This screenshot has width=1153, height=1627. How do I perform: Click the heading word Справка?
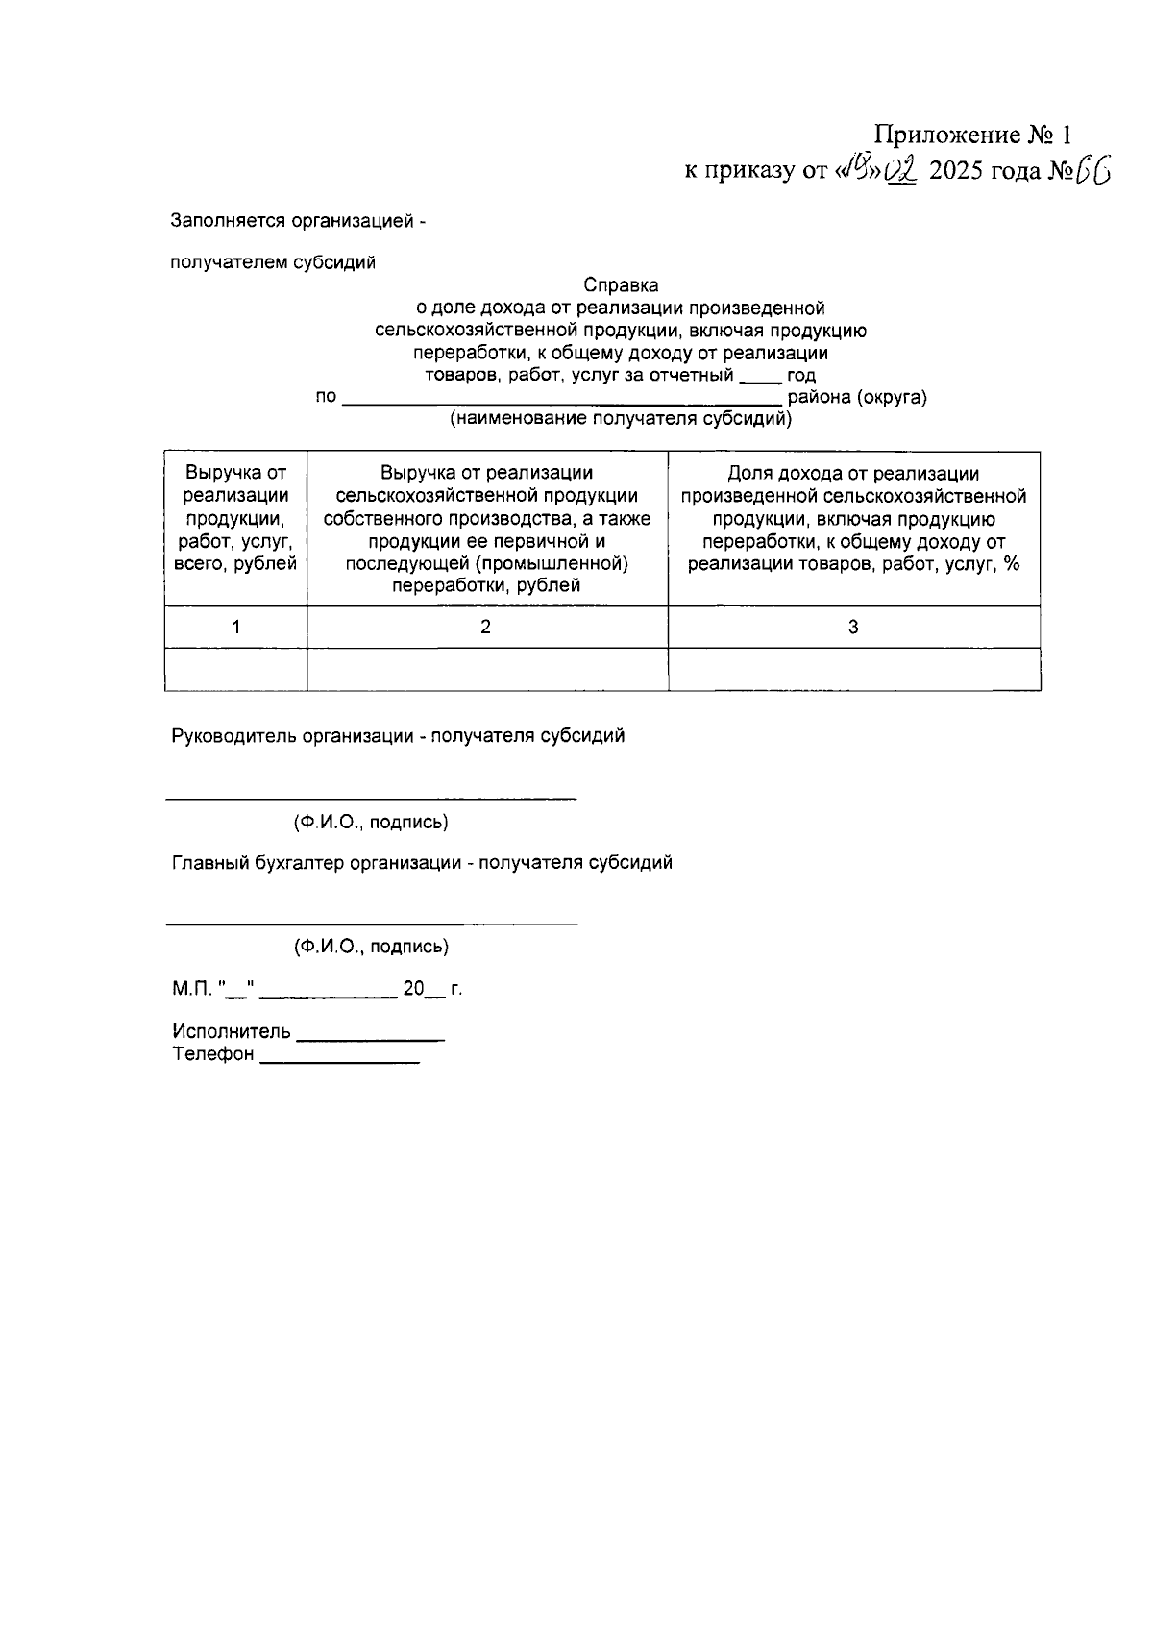pyautogui.click(x=621, y=285)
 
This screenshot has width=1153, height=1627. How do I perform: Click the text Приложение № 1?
pyautogui.click(x=971, y=134)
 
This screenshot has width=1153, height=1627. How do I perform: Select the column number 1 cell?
pyautogui.click(x=235, y=628)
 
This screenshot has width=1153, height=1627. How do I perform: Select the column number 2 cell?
pyautogui.click(x=486, y=628)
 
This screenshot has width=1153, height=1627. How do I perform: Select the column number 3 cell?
pyautogui.click(x=853, y=628)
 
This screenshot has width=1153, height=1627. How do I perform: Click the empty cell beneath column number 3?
pyautogui.click(x=853, y=670)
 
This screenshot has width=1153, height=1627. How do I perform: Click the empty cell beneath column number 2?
pyautogui.click(x=486, y=670)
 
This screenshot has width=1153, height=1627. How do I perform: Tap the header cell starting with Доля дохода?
pyautogui.click(x=853, y=519)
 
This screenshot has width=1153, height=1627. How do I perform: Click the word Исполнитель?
pyautogui.click(x=232, y=1032)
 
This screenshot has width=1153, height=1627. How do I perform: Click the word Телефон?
pyautogui.click(x=213, y=1055)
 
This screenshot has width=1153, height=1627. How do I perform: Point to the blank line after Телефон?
pyautogui.click(x=339, y=1058)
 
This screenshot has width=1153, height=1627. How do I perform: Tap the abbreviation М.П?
pyautogui.click(x=192, y=989)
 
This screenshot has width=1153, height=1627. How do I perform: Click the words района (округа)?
pyautogui.click(x=857, y=397)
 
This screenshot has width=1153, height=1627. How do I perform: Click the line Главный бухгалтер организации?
pyautogui.click(x=422, y=863)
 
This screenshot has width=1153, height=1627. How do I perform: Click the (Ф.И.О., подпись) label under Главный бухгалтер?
pyautogui.click(x=371, y=947)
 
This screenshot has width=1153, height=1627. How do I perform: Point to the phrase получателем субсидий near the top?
pyautogui.click(x=273, y=262)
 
